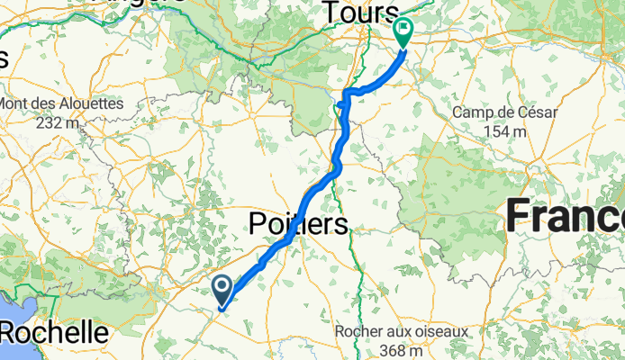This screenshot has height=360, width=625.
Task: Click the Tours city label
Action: point(358,13)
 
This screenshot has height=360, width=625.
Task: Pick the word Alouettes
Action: point(90,103)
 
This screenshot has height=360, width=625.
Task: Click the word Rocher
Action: point(358,331)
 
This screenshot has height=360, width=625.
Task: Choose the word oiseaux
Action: point(439,331)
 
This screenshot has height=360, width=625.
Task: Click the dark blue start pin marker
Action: point(222,288)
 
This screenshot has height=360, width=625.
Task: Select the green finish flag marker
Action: point(402,31)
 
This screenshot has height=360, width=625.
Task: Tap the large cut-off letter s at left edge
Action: point(4,59)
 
